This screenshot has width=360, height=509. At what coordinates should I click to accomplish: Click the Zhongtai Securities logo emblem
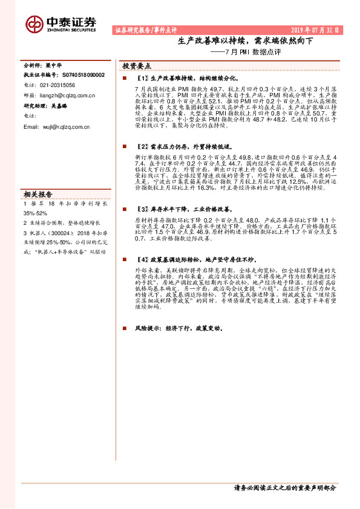coord(33,24)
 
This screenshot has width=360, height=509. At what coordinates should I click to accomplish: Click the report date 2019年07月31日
coord(316,30)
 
